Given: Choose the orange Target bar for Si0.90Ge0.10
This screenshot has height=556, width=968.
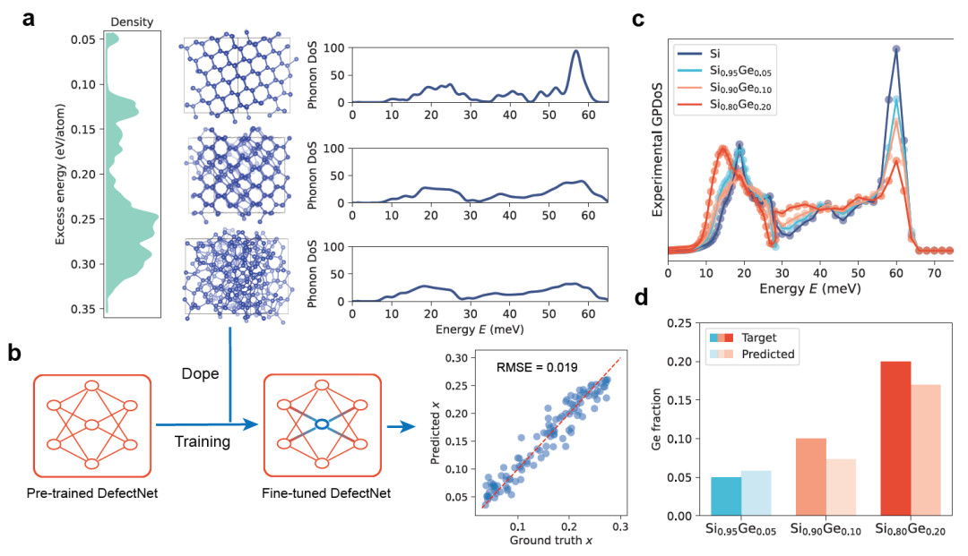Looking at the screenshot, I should tap(810, 476).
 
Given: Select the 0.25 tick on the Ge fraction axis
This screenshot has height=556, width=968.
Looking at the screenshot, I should tap(679, 323).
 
